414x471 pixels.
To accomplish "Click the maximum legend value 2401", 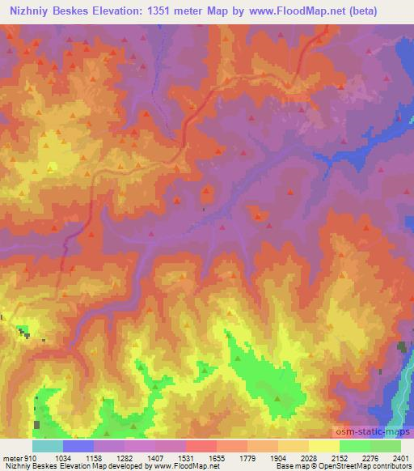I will tap(402, 456).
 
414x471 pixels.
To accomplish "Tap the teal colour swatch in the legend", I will tap(47, 446).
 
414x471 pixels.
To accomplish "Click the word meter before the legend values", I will tap(11, 456).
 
